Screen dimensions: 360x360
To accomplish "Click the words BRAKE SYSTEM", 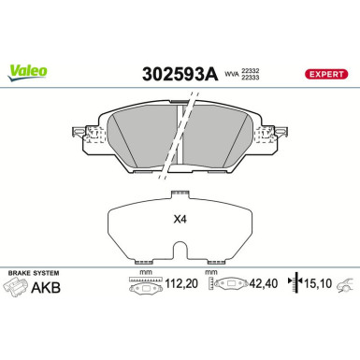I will tap(27, 272).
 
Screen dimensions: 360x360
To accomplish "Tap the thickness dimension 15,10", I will tap(318, 289).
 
